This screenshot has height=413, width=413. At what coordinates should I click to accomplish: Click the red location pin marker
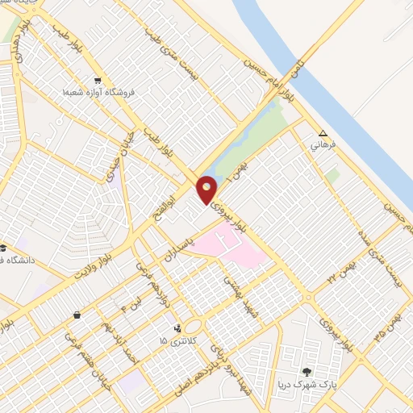207,190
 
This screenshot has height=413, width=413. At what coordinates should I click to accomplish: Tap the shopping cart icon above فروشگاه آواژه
98,80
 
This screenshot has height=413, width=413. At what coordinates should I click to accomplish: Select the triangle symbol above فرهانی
323,134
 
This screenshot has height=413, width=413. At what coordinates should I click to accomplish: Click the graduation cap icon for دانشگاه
3,248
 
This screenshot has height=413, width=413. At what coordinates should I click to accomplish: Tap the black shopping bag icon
77,315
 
